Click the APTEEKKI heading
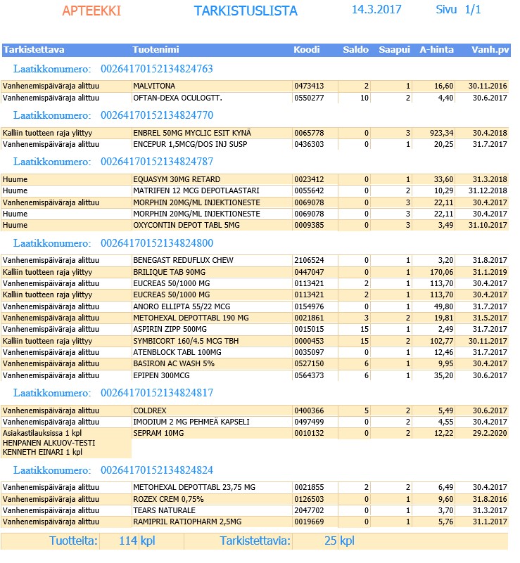91,11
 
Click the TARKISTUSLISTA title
246,11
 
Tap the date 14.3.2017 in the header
376,10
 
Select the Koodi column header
307,50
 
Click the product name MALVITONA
153,86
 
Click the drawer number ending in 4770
157,115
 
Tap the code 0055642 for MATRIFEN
309,190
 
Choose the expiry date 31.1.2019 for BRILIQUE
490,271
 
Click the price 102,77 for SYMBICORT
440,340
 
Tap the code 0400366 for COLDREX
309,410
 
